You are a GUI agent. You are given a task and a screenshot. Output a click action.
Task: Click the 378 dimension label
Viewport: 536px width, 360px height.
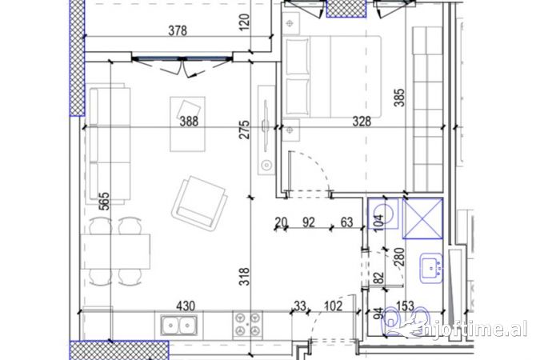178,30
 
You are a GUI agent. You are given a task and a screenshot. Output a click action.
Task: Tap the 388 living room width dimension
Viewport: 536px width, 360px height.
189,121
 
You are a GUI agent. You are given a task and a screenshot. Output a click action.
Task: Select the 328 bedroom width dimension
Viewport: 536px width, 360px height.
362,121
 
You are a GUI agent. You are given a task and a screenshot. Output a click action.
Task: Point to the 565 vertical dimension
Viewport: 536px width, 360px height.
105,202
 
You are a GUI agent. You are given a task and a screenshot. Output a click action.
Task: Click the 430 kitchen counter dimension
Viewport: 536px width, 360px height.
186,306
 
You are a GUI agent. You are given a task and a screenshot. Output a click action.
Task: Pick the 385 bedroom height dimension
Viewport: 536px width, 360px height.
399,98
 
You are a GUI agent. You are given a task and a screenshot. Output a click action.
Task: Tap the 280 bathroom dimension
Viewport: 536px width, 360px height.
399,257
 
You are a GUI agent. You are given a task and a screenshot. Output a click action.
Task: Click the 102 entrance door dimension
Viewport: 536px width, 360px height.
333,306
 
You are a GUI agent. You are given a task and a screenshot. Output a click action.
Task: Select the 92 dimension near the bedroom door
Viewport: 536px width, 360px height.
309,222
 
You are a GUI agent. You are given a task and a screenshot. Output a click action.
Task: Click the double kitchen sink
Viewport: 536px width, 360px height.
179,326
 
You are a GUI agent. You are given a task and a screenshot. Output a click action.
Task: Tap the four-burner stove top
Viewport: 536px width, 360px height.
247,326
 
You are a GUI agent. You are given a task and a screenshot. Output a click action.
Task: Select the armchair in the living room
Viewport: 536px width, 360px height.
200,202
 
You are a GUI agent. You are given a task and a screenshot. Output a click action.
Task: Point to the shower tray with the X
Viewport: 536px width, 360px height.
423,218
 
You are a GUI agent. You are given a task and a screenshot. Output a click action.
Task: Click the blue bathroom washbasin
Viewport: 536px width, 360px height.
431,268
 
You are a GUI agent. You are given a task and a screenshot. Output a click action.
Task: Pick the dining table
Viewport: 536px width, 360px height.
115,251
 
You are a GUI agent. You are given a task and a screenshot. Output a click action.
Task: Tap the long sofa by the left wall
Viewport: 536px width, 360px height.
110,144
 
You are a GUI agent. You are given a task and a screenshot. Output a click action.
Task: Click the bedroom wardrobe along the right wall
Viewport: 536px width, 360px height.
428,110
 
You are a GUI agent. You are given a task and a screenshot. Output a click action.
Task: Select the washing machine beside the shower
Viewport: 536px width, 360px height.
383,214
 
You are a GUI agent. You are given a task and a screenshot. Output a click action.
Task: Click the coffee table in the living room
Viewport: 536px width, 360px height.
188,124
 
